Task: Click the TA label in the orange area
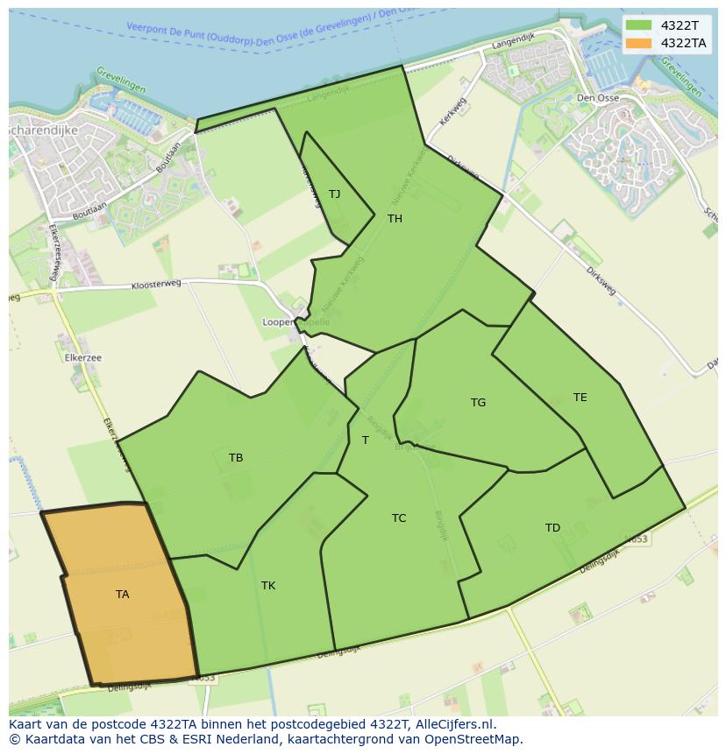[x=122, y=595]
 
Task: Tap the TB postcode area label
[x=236, y=458]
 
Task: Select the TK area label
[x=268, y=586]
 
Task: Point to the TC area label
[x=399, y=518]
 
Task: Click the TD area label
[x=552, y=528]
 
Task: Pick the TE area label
[x=580, y=398]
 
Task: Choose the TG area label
[x=478, y=403]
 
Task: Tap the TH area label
[x=395, y=219]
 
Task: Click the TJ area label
[x=334, y=194]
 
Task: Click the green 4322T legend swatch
[x=638, y=25]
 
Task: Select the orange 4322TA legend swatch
[x=638, y=43]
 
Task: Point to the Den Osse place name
[x=598, y=98]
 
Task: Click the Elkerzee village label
[x=83, y=358]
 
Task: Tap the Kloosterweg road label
[x=156, y=285]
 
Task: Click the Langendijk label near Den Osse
[x=513, y=41]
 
